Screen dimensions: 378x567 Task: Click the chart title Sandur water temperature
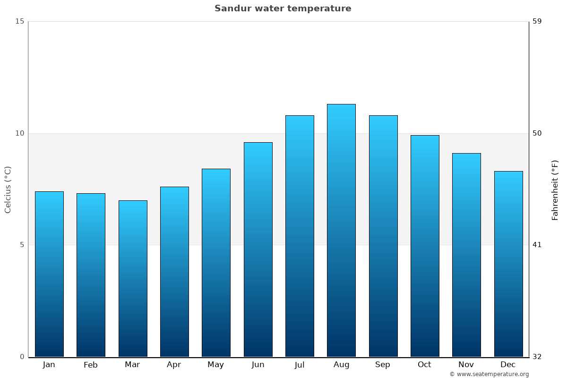[283, 9]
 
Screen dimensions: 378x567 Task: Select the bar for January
[49, 274]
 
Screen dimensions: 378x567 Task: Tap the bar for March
[133, 279]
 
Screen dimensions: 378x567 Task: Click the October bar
[425, 246]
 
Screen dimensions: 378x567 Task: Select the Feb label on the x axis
[90, 365]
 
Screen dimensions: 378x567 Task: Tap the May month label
[215, 365]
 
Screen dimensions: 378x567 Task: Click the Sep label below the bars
[383, 365]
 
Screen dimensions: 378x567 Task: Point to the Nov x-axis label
[466, 365]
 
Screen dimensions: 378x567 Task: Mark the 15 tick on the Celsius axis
[19, 21]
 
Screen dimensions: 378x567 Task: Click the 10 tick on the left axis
[19, 133]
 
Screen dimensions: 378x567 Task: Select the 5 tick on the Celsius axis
[21, 245]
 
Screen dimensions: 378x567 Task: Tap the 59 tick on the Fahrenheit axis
[537, 21]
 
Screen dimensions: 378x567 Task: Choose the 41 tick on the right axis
[537, 245]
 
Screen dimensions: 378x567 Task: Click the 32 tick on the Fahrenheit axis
[537, 357]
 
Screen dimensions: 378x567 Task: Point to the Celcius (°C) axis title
[8, 189]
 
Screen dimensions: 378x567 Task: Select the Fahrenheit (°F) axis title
[555, 190]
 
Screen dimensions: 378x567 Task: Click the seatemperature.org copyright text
[489, 374]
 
